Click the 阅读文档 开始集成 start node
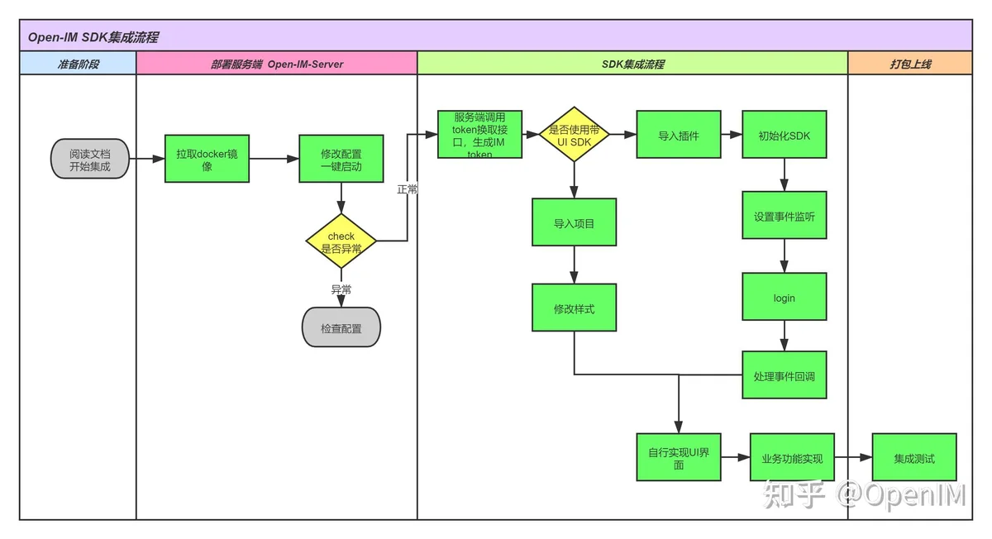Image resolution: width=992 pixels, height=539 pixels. click(90, 159)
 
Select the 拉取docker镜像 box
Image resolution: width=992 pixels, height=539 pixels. click(207, 159)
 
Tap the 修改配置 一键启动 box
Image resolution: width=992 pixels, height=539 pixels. click(341, 159)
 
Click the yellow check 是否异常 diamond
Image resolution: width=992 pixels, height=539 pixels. click(341, 241)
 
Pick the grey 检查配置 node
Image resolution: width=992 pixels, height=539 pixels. click(341, 327)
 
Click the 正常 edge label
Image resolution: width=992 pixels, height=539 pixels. click(407, 189)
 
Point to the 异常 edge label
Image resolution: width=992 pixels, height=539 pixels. click(341, 289)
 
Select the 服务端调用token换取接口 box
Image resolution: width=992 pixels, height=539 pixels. click(479, 134)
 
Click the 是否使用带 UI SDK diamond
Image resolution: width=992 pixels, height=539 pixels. click(574, 134)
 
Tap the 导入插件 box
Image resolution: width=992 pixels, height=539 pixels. click(679, 134)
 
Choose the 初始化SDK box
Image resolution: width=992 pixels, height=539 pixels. click(785, 134)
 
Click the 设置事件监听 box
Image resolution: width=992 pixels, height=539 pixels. click(785, 215)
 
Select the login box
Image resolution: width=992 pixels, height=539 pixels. click(785, 297)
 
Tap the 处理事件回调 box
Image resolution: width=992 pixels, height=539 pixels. click(785, 375)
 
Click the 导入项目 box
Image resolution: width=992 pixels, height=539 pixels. click(574, 222)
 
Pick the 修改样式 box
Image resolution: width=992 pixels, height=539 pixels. click(574, 308)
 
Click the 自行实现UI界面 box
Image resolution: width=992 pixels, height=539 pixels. click(679, 457)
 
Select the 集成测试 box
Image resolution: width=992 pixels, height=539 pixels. click(914, 457)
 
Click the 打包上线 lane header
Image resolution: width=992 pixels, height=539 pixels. click(910, 63)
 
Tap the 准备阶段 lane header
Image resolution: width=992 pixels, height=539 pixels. click(78, 63)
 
